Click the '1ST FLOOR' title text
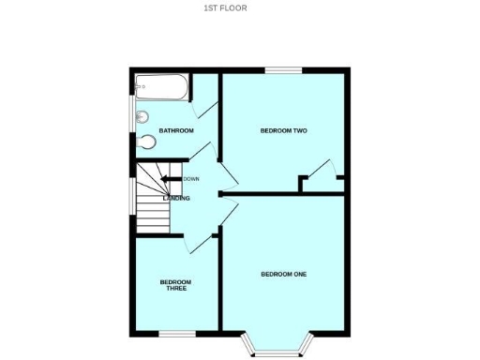tap(225, 8)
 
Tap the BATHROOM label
tap(176, 130)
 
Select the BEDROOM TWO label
tap(283, 130)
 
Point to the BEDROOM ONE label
tap(283, 274)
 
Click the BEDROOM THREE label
tap(175, 285)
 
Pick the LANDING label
tap(176, 199)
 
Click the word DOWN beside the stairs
tap(191, 179)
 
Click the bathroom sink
tap(142, 118)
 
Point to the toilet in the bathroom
tap(145, 142)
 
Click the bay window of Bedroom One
tap(277, 352)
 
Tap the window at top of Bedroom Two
tap(282, 70)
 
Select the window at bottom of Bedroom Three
tap(175, 333)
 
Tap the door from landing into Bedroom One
tap(228, 214)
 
